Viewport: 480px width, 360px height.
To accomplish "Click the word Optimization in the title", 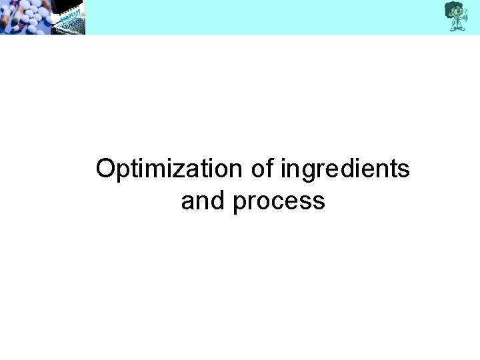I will [170, 169].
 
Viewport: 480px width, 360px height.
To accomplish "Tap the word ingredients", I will [345, 169].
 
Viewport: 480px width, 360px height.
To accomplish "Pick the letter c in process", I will [275, 202].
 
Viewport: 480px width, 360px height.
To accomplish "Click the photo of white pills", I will [23, 17].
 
